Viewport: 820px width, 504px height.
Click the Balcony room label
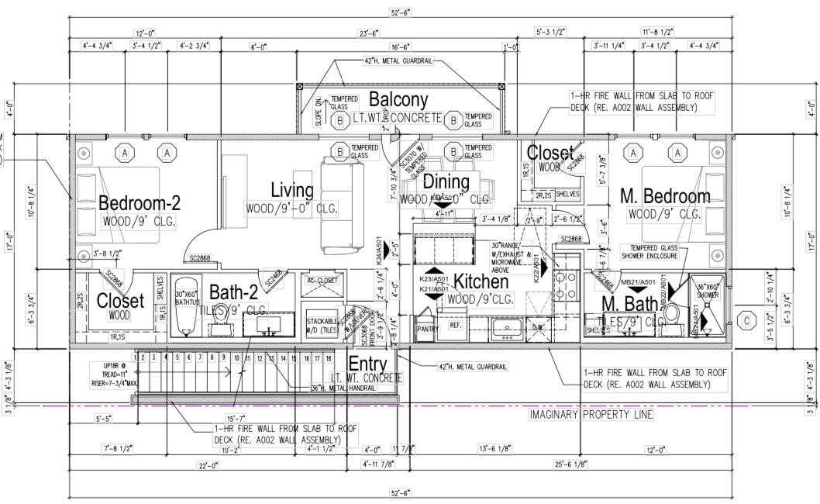click(x=398, y=100)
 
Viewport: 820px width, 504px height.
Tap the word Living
click(x=292, y=190)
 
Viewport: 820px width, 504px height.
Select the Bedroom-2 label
click(x=140, y=204)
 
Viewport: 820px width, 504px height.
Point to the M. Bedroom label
click(x=665, y=197)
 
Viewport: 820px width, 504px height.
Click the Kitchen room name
click(x=481, y=282)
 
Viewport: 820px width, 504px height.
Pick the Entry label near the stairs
click(x=367, y=364)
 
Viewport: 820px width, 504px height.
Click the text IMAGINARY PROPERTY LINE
click(x=591, y=414)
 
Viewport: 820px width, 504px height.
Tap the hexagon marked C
click(x=746, y=319)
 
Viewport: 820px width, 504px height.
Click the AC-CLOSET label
click(x=319, y=280)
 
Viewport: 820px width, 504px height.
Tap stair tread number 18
click(x=329, y=358)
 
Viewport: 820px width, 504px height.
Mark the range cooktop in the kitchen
click(x=564, y=285)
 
